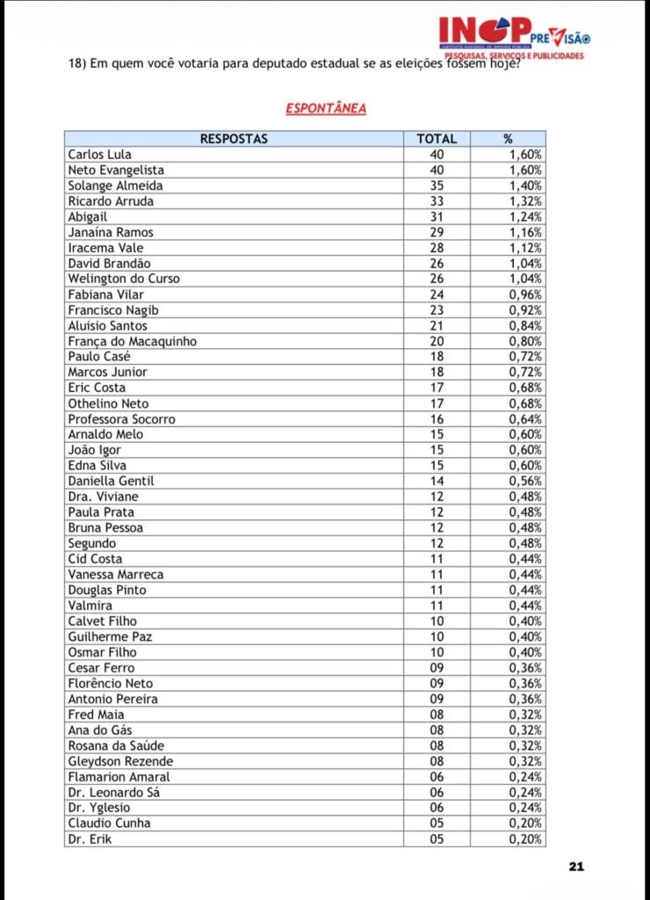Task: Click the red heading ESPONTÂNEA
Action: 325,108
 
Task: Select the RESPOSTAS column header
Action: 234,139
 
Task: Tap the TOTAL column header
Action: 437,139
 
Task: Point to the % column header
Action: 508,139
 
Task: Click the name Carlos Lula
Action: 99,155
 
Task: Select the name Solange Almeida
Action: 115,185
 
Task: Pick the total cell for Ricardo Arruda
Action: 437,201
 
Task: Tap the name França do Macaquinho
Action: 132,341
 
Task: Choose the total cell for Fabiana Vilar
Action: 437,294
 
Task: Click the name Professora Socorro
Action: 121,419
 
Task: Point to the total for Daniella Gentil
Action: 437,481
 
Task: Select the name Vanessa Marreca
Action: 115,574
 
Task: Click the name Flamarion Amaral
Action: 119,777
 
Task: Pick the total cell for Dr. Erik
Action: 437,838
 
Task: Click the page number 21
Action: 576,867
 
